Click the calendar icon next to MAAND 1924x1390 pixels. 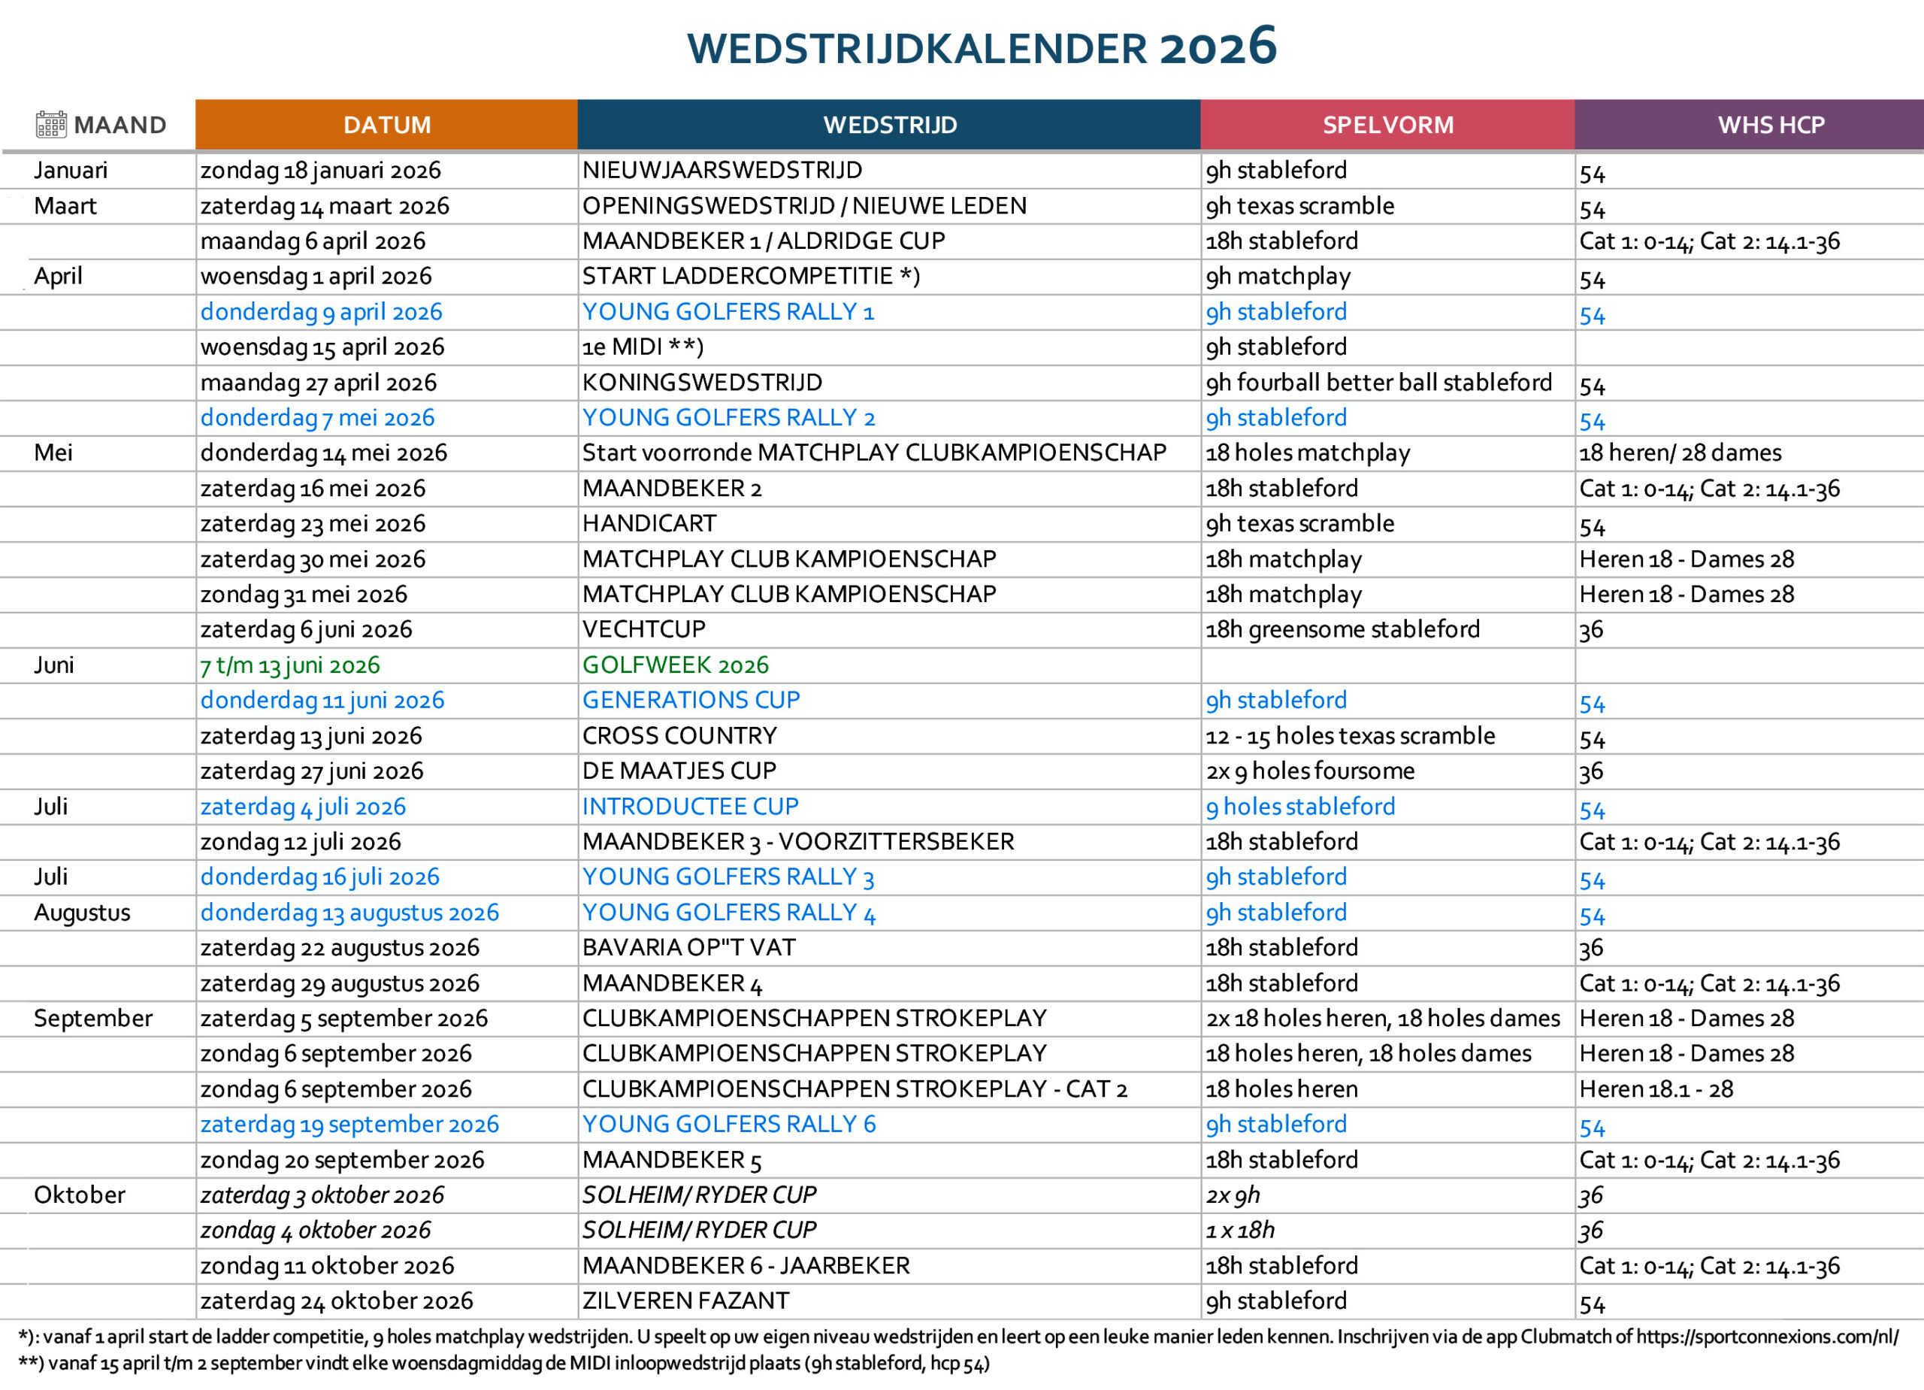point(51,125)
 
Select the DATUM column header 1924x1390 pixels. point(387,125)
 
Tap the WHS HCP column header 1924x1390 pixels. point(1771,125)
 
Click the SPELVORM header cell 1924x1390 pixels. point(1388,125)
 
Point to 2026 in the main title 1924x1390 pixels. point(1218,47)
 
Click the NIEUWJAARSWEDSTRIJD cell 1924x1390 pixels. point(722,171)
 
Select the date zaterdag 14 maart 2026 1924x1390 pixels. point(325,206)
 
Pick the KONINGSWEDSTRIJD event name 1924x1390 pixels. point(701,383)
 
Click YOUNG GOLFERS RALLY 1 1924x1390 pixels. point(728,312)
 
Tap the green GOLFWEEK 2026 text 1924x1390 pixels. point(675,665)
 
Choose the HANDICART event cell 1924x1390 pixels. point(649,523)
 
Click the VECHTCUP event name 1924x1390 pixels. point(644,630)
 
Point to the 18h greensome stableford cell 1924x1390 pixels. point(1343,630)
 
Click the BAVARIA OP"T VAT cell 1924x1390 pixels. point(689,948)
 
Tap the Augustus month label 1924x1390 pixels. point(82,913)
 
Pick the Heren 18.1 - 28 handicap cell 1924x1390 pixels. point(1656,1089)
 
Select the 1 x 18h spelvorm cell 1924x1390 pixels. point(1240,1231)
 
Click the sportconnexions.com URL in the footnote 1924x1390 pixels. point(1767,1337)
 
